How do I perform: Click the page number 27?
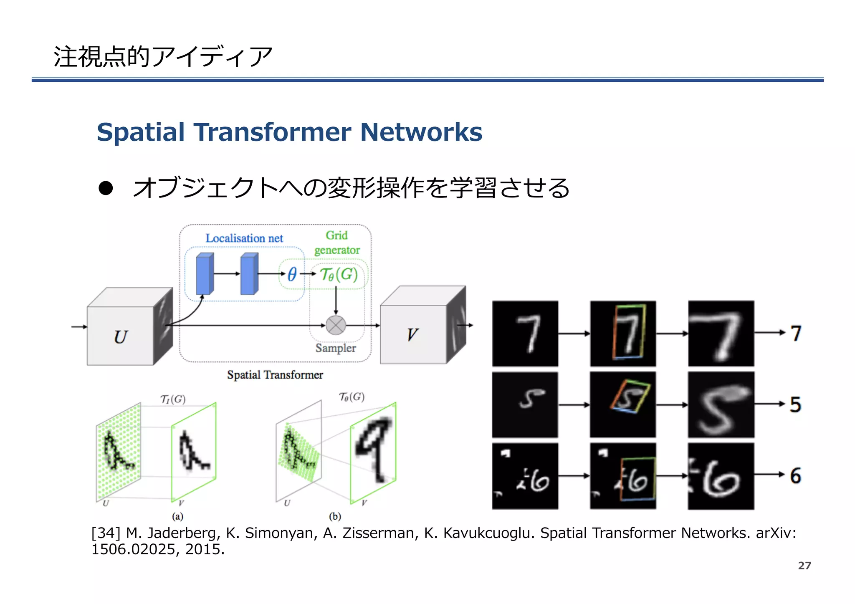point(804,566)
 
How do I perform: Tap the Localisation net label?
point(244,238)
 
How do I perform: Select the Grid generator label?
point(337,243)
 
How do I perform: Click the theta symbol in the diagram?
point(292,274)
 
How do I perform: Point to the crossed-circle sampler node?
point(336,325)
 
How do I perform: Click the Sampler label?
point(336,348)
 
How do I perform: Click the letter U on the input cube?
point(120,337)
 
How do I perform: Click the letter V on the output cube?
point(412,335)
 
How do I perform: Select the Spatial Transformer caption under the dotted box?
point(275,375)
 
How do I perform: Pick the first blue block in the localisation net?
point(205,274)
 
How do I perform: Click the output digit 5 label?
point(795,404)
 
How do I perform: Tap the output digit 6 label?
point(795,476)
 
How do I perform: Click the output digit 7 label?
point(796,334)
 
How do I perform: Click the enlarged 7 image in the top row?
point(721,334)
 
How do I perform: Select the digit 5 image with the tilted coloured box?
point(622,404)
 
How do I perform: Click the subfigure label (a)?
point(178,516)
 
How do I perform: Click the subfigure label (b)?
point(335,516)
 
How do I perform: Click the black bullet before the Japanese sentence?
point(106,188)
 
